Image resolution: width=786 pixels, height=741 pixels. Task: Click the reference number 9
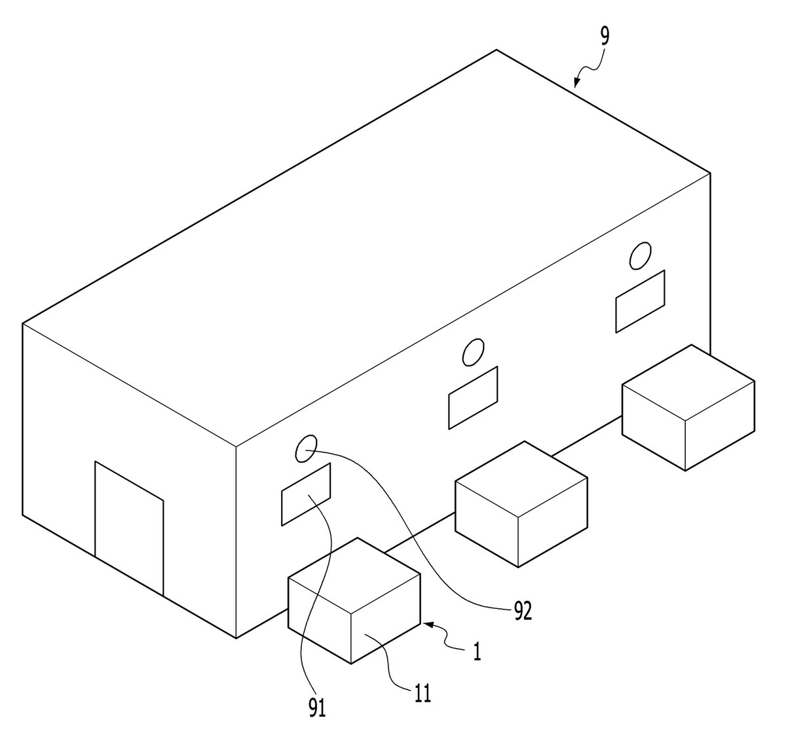605,37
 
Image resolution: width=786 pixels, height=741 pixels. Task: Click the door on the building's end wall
129,528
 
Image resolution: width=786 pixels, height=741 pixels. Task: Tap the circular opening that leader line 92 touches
307,448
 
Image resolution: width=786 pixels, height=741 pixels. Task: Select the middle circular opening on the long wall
474,352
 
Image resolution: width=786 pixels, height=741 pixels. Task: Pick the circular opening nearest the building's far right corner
641,255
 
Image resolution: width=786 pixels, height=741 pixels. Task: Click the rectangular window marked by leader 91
305,494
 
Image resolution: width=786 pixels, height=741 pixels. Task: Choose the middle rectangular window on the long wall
473,397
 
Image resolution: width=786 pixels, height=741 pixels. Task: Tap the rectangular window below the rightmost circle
641,301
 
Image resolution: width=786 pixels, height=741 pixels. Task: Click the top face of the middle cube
521,479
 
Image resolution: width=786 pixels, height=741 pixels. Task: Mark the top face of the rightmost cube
688,382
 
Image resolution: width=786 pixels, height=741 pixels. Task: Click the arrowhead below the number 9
577,82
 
